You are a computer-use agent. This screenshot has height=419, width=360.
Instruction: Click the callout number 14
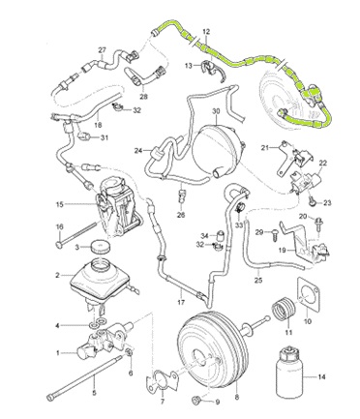[321, 376]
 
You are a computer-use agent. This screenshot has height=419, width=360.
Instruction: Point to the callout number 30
[216, 111]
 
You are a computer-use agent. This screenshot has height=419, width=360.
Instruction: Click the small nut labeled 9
[197, 400]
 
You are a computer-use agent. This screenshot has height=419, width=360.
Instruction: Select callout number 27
[102, 50]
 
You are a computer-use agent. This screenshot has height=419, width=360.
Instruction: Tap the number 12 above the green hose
[206, 32]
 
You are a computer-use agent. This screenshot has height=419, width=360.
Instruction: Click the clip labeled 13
[212, 69]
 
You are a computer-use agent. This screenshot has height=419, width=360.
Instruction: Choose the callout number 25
[258, 280]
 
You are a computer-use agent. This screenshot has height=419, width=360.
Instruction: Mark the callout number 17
[181, 302]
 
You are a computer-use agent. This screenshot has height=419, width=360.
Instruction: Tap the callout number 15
[60, 204]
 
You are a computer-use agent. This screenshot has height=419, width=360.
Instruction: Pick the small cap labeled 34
[221, 235]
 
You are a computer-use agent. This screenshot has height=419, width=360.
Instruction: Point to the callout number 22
[323, 164]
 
